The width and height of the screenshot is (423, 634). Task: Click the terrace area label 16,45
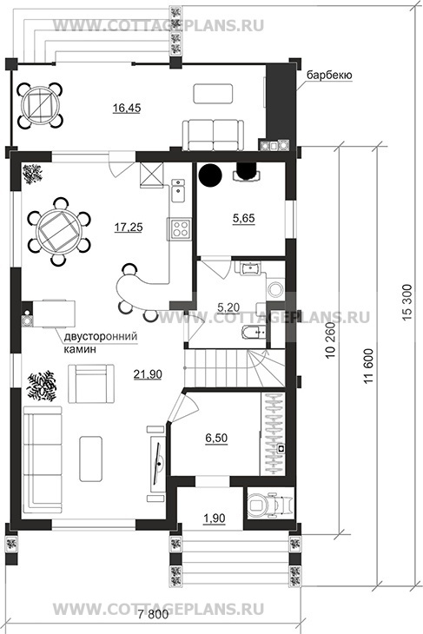point(127,108)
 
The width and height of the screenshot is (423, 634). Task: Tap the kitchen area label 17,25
point(129,228)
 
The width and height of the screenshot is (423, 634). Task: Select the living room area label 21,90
point(148,374)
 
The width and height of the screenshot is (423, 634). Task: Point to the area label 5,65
point(243,218)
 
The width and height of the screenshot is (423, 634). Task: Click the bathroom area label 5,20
point(228,307)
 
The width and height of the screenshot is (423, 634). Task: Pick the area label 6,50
point(216,438)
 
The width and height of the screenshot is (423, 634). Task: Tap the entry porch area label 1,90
point(215,518)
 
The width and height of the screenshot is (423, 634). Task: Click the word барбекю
point(329,76)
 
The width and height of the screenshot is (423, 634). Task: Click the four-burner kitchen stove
point(179,229)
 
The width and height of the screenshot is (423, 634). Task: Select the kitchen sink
point(178,190)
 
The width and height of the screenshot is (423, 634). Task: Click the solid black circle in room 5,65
point(210,175)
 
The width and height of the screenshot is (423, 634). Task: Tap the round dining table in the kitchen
point(59,231)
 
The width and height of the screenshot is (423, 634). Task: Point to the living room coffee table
point(91,459)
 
